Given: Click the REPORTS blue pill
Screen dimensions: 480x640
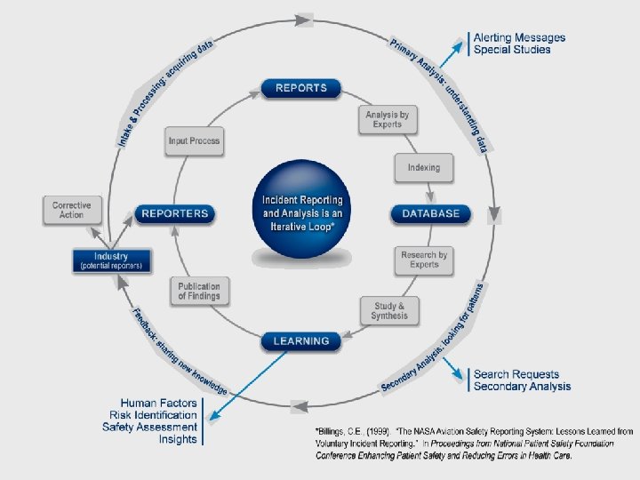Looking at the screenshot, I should click(301, 88).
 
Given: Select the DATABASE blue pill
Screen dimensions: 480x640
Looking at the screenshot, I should click(431, 213).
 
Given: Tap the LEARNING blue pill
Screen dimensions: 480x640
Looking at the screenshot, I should click(301, 340).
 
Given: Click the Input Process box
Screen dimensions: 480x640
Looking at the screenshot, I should click(194, 141).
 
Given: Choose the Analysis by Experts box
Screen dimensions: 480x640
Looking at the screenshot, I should click(388, 119).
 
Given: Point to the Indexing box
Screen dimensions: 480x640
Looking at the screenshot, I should click(423, 167).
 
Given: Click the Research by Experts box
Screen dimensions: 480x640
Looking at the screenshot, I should click(424, 260).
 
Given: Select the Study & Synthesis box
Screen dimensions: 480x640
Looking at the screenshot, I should click(389, 310).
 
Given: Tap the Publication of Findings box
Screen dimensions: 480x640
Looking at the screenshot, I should click(199, 291).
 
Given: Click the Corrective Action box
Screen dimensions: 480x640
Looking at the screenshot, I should click(71, 210).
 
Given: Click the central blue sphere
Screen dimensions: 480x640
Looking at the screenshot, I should click(302, 213).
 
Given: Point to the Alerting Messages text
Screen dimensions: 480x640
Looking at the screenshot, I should click(519, 38).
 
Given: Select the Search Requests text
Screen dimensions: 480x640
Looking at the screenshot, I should click(516, 375).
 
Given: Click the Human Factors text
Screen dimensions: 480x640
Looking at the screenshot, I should click(159, 403).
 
